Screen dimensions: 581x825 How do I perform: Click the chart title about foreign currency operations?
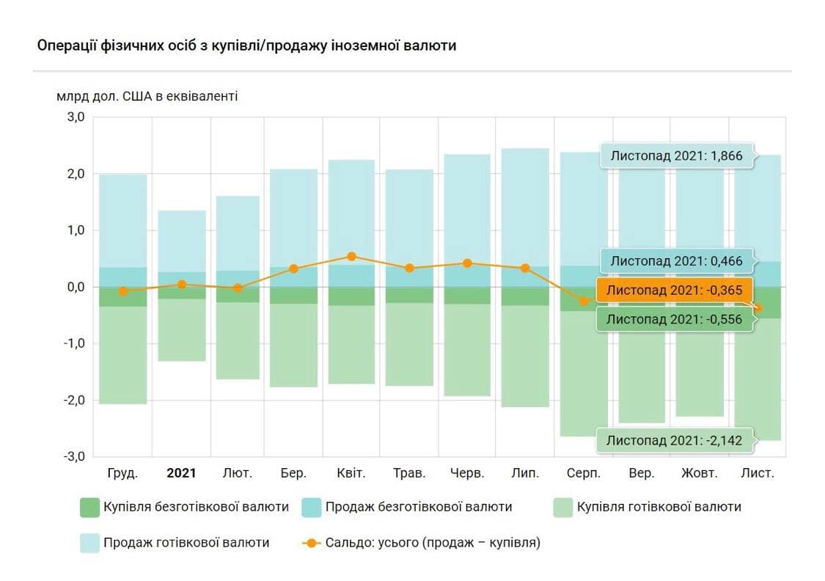coord(246,45)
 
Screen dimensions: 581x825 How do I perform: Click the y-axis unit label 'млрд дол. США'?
coord(147,96)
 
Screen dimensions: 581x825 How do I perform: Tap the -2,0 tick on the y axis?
coord(75,400)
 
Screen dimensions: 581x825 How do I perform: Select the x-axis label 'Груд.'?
coord(122,473)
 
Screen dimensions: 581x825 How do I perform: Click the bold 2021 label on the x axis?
coord(181,473)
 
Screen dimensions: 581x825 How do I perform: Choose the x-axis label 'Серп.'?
coord(584,473)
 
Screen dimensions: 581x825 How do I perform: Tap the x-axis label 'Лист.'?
coord(757,473)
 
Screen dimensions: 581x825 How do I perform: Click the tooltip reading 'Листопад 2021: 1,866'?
coord(678,156)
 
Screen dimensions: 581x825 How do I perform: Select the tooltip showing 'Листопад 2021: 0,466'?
coord(677,260)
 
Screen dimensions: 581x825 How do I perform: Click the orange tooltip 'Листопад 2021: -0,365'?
coord(675,290)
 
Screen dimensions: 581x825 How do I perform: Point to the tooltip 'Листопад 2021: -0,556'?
coord(675,319)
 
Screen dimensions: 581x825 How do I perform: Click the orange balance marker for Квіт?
coord(352,256)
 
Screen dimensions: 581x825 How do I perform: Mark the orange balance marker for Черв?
coord(467,263)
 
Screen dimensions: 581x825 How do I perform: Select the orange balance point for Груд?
coord(123,291)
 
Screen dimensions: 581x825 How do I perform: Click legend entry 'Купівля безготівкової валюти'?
coord(184,507)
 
